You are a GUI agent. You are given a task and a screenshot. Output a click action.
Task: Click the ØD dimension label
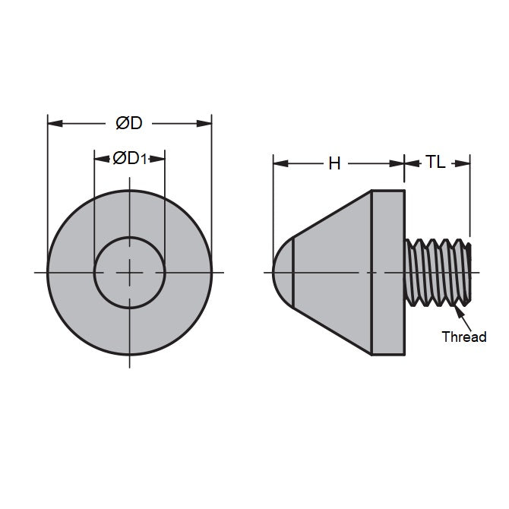(129, 123)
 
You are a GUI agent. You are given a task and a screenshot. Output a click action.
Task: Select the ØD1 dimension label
(129, 158)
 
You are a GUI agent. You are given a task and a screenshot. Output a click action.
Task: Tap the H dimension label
(334, 163)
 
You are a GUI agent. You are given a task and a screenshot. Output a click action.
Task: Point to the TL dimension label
(436, 163)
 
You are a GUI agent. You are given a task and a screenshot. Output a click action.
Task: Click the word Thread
(463, 337)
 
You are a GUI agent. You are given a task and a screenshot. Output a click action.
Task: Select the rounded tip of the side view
(283, 271)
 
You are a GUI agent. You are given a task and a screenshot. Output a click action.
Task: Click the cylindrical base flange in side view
(387, 271)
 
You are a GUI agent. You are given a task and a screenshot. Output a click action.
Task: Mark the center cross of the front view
(130, 271)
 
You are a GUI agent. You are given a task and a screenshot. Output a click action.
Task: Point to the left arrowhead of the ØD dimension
(53, 123)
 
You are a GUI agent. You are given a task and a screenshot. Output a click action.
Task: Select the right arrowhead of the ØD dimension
(206, 123)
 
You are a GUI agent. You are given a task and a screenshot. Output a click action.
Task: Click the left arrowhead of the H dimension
(278, 163)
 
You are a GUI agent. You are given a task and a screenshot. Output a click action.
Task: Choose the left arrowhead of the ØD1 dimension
(100, 158)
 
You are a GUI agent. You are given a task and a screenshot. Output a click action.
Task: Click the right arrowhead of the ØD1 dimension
(160, 158)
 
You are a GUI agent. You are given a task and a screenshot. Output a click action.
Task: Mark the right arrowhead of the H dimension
(398, 163)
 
